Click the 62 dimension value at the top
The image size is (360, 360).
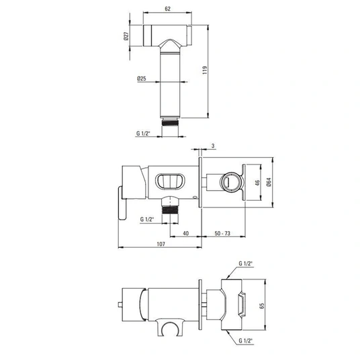[x=168, y=9]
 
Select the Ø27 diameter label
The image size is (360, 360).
[x=126, y=36]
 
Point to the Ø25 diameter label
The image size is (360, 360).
[x=142, y=79]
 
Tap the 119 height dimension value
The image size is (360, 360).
[x=205, y=70]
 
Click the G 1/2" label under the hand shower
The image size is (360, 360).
[x=143, y=133]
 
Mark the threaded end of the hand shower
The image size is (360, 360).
[x=170, y=122]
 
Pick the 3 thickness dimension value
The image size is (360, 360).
[x=213, y=146]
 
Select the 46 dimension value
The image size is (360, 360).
[x=257, y=183]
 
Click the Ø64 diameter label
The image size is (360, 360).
[x=269, y=182]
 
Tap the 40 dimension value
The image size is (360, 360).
[x=186, y=233]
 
